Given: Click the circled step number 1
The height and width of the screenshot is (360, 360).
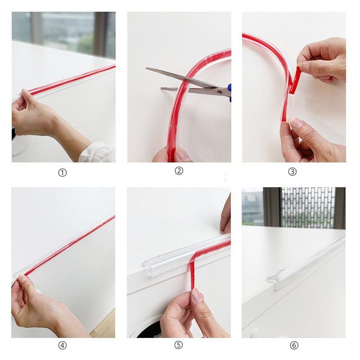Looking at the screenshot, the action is [x=62, y=173].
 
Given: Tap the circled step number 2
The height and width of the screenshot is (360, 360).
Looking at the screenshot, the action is [x=179, y=171].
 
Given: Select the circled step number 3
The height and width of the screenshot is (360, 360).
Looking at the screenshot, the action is [x=292, y=171].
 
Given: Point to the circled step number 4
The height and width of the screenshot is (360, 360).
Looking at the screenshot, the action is [x=62, y=345].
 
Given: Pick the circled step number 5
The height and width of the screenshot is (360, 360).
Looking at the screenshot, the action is [x=179, y=345].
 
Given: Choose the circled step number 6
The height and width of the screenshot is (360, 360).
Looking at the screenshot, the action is [x=294, y=345].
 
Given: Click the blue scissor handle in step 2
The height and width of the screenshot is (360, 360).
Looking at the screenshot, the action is [x=229, y=93].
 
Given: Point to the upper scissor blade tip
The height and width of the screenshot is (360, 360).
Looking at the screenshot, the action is [x=147, y=68].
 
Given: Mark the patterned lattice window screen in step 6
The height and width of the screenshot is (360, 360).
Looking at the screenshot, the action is [x=308, y=207].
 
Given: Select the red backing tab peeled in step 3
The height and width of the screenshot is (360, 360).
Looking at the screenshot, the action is [x=295, y=80].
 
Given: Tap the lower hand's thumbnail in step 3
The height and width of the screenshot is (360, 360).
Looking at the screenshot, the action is [x=296, y=123].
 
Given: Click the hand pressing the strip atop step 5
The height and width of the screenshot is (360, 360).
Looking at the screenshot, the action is [x=225, y=215].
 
